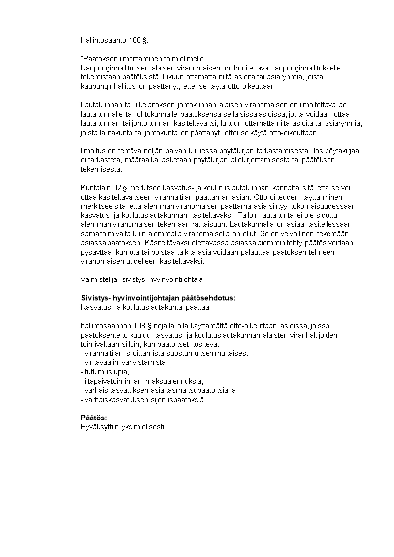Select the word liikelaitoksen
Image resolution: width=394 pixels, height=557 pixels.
137,105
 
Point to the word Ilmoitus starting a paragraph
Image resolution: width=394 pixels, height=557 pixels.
93,150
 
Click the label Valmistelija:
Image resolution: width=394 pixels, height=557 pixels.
99,279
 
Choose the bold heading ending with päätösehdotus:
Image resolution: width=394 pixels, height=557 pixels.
158,298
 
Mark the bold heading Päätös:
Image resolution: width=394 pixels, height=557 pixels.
94,418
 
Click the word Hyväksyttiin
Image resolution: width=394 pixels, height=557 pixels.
99,427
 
